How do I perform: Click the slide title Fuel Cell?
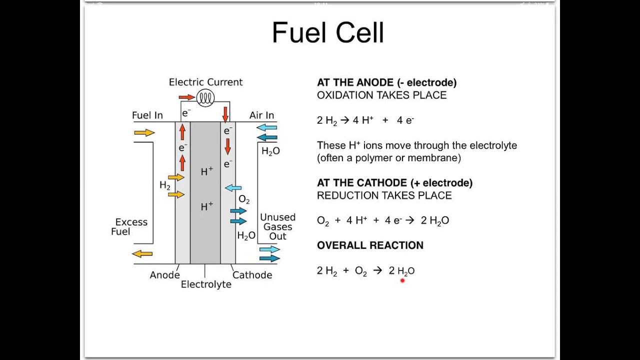coord(327,33)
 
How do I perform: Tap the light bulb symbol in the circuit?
coord(204,98)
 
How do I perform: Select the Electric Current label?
coord(205,82)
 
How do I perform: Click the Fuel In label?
coord(147,115)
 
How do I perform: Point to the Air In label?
coord(261,115)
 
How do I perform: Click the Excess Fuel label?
coord(130,227)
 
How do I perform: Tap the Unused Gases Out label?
coord(277,226)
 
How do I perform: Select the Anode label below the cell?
coord(164,275)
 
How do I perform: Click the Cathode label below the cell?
coord(252,275)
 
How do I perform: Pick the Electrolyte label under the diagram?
coord(206,284)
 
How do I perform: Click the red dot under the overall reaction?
coord(402,280)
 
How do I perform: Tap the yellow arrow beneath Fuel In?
coord(144,132)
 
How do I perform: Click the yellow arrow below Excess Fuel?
coord(142,253)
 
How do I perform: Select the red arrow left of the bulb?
coord(186,97)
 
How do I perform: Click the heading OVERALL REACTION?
coord(370,245)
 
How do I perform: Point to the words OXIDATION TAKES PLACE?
coord(381,95)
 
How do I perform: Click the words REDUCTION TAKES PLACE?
coord(384,195)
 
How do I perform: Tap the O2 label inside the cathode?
coord(244,199)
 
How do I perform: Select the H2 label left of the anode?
coord(165,185)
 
